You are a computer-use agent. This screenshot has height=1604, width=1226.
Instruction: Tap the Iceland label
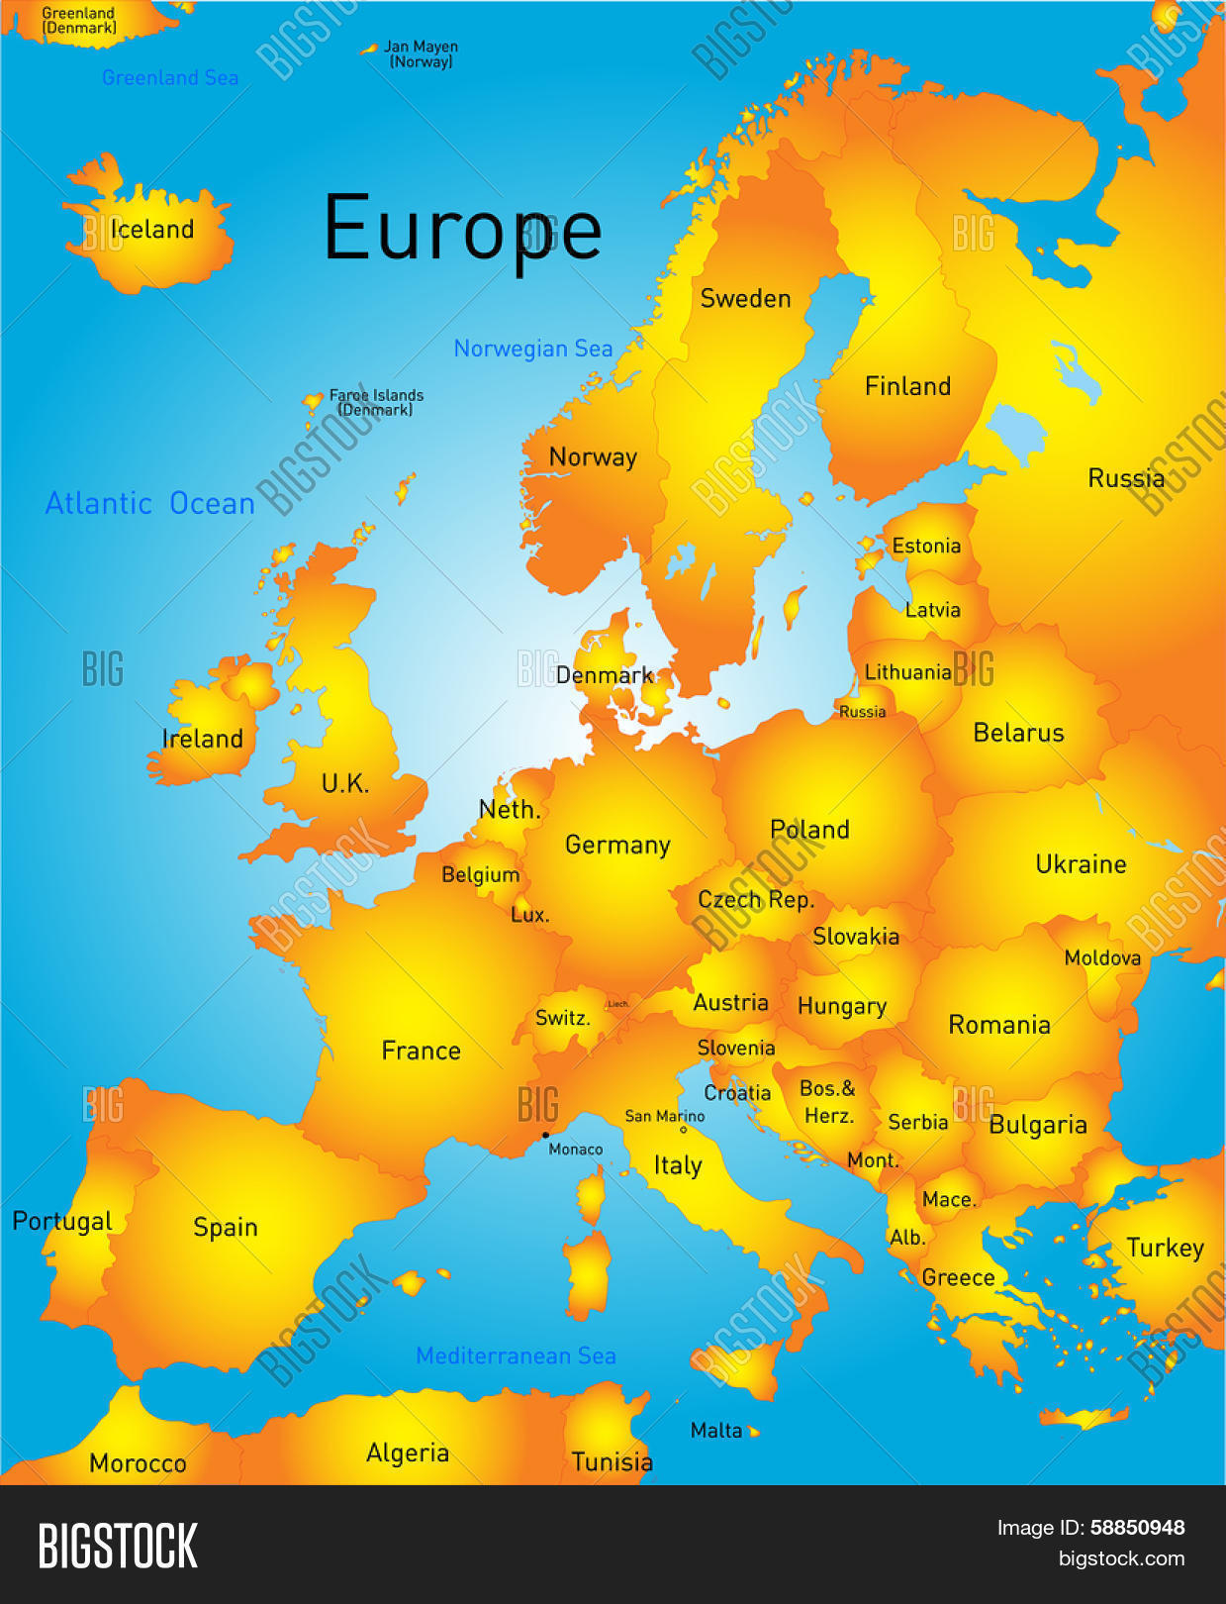coord(151,230)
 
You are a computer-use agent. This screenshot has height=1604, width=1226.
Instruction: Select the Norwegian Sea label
coord(532,349)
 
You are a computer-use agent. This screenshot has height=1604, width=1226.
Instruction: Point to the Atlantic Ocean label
coord(150,504)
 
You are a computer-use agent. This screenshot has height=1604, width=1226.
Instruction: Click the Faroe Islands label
coord(376,402)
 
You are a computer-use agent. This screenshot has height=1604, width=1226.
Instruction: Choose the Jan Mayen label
coord(421,53)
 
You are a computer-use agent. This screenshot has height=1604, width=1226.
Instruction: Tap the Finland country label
coord(907,386)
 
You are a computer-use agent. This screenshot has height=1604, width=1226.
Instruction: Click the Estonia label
coord(926,546)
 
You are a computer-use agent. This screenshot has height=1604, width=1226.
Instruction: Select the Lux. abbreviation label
coord(529,915)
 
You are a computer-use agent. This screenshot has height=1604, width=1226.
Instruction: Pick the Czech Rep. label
coord(756,900)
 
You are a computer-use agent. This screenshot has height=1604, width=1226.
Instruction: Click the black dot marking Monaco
coord(545,1135)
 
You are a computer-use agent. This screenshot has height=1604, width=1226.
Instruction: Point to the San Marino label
coord(664,1116)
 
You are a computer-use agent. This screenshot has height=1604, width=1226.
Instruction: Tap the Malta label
coord(716,1430)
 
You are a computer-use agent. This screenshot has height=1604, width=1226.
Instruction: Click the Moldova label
coord(1102,957)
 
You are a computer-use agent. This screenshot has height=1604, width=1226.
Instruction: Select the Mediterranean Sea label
coord(516,1355)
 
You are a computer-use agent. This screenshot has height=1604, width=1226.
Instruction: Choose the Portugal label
coord(61,1221)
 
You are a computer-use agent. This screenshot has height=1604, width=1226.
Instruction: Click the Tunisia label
coord(612,1461)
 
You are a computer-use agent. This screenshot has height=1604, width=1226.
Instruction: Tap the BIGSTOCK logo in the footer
coord(118,1546)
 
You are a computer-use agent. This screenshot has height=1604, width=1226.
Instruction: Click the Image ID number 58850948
coord(1137,1528)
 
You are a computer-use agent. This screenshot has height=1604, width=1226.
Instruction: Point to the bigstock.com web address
coord(1121,1558)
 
